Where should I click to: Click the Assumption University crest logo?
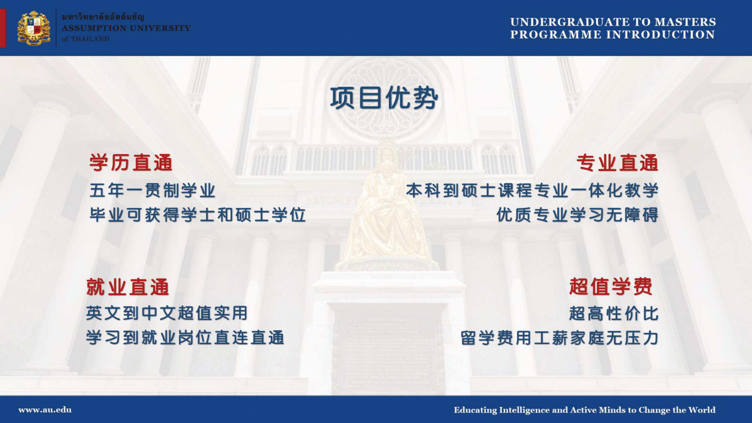[33, 28]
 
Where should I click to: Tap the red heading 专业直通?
[617, 163]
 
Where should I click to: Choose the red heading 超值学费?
[611, 286]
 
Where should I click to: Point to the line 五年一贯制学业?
[152, 191]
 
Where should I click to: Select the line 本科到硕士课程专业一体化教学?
[532, 190]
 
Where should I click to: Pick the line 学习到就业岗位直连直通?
[185, 338]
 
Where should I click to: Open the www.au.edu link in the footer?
[45, 410]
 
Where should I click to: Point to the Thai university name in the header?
[103, 17]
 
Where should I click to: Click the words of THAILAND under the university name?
[85, 39]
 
